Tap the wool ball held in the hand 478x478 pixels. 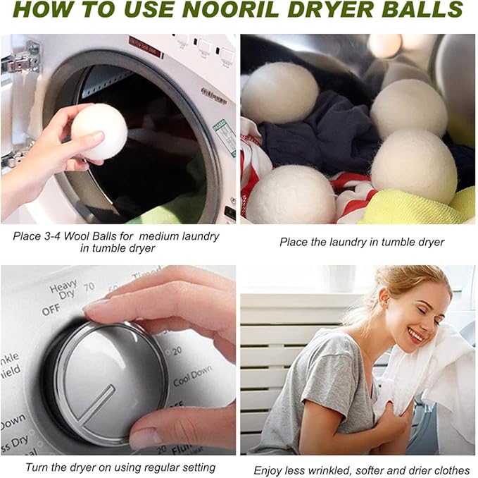pos(99,131)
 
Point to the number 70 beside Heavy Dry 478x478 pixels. pos(89,287)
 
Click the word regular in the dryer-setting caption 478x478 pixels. pos(145,467)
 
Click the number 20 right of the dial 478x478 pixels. pos(177,350)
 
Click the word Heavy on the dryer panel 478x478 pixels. pos(63,288)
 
